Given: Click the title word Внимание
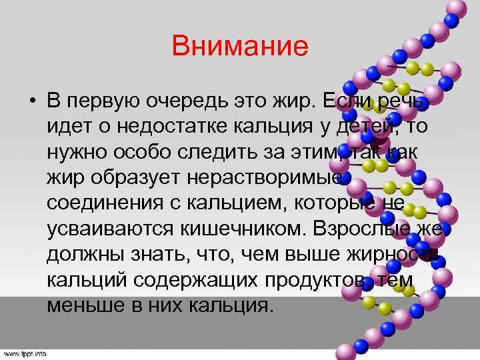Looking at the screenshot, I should coord(240,47).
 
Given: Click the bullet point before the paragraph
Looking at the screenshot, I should coord(31,103).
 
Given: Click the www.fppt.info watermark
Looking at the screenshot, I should coord(24,353).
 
